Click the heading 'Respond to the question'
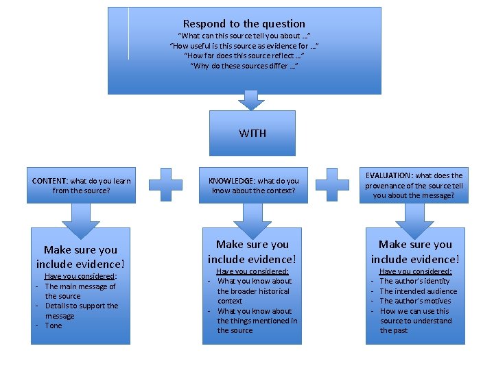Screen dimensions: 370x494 point(244,23)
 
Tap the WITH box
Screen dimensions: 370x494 point(252,133)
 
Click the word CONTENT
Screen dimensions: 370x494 point(49,181)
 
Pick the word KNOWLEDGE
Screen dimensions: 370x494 point(231,181)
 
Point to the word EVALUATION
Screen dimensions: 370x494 point(389,175)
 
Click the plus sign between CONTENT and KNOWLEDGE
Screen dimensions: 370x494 point(165,185)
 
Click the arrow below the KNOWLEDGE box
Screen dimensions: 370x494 point(252,219)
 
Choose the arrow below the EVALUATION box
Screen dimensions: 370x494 point(414,219)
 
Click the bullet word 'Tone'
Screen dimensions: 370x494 point(54,325)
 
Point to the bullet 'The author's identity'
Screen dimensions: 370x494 point(414,281)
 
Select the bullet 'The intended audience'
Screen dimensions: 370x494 point(418,291)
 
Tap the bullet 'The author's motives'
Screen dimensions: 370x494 point(414,301)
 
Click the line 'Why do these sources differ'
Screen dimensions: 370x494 point(244,66)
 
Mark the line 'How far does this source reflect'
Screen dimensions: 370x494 point(244,56)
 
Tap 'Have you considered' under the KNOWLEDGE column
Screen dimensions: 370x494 point(252,271)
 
